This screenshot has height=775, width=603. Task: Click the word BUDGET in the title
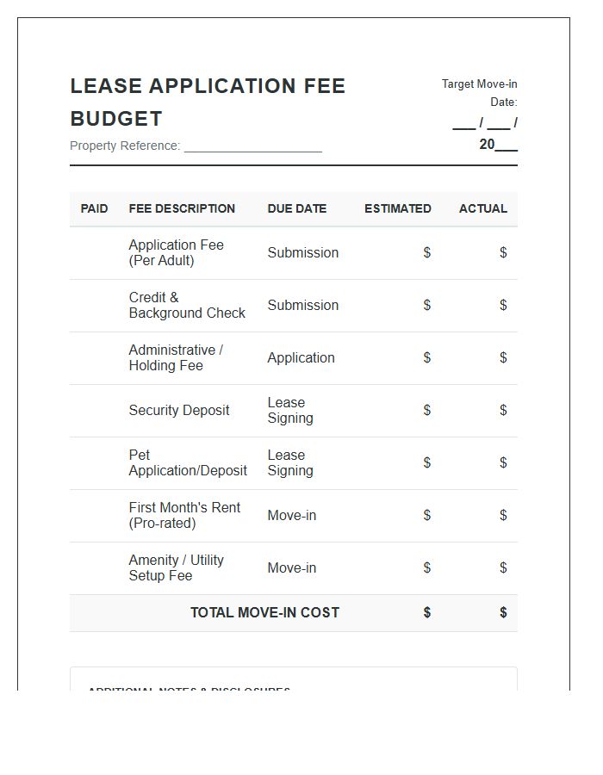click(116, 119)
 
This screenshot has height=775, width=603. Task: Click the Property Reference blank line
click(252, 146)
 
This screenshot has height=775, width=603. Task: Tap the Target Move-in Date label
click(480, 93)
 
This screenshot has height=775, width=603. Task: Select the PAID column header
click(95, 208)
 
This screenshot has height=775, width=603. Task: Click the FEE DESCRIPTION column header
click(182, 208)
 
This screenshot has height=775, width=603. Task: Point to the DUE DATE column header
click(297, 208)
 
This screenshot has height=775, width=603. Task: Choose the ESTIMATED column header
click(398, 208)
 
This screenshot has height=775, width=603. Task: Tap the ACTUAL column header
click(483, 208)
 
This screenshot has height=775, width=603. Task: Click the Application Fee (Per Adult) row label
click(176, 253)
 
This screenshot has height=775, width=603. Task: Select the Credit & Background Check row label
click(187, 306)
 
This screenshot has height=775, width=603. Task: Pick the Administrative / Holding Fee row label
click(176, 358)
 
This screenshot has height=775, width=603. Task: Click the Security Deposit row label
click(179, 411)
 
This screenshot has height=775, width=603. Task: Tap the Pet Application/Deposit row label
click(188, 463)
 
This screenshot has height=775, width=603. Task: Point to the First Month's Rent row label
click(184, 516)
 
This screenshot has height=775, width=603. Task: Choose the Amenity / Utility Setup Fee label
click(176, 568)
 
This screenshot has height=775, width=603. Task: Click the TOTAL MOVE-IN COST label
click(264, 613)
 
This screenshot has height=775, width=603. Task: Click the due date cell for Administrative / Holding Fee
click(301, 358)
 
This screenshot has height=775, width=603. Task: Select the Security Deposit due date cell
click(290, 411)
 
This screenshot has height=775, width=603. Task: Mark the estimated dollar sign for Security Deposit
click(426, 411)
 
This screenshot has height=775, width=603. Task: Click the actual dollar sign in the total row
click(503, 613)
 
